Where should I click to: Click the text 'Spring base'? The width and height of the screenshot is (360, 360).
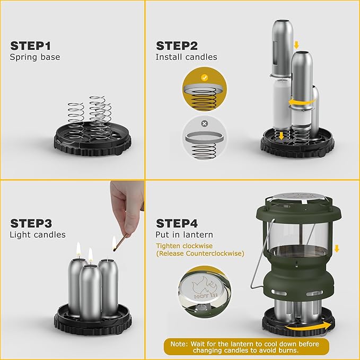[x=35, y=57]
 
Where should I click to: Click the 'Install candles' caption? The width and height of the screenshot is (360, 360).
[x=186, y=57]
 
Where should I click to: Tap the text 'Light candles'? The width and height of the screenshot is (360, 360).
[x=38, y=235]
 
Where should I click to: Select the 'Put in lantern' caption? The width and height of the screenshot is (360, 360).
[x=185, y=235]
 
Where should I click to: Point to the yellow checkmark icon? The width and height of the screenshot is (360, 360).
[x=204, y=77]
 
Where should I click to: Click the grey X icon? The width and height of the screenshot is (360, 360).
[x=204, y=124]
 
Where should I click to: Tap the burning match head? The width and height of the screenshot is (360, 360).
[x=114, y=245]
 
